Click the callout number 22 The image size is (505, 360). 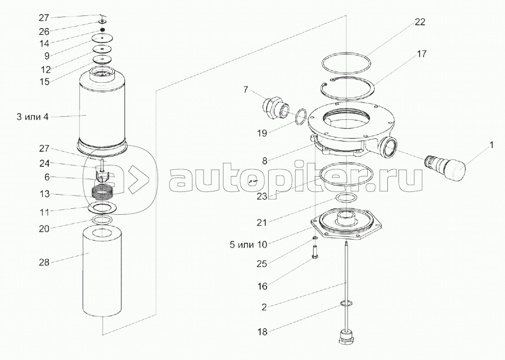(x=420, y=22)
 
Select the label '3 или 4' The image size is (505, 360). (x=32, y=117)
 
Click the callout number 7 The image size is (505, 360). (x=245, y=90)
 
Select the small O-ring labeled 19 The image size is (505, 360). (x=300, y=116)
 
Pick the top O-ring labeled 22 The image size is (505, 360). (x=348, y=64)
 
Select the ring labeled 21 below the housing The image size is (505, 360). (x=347, y=199)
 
